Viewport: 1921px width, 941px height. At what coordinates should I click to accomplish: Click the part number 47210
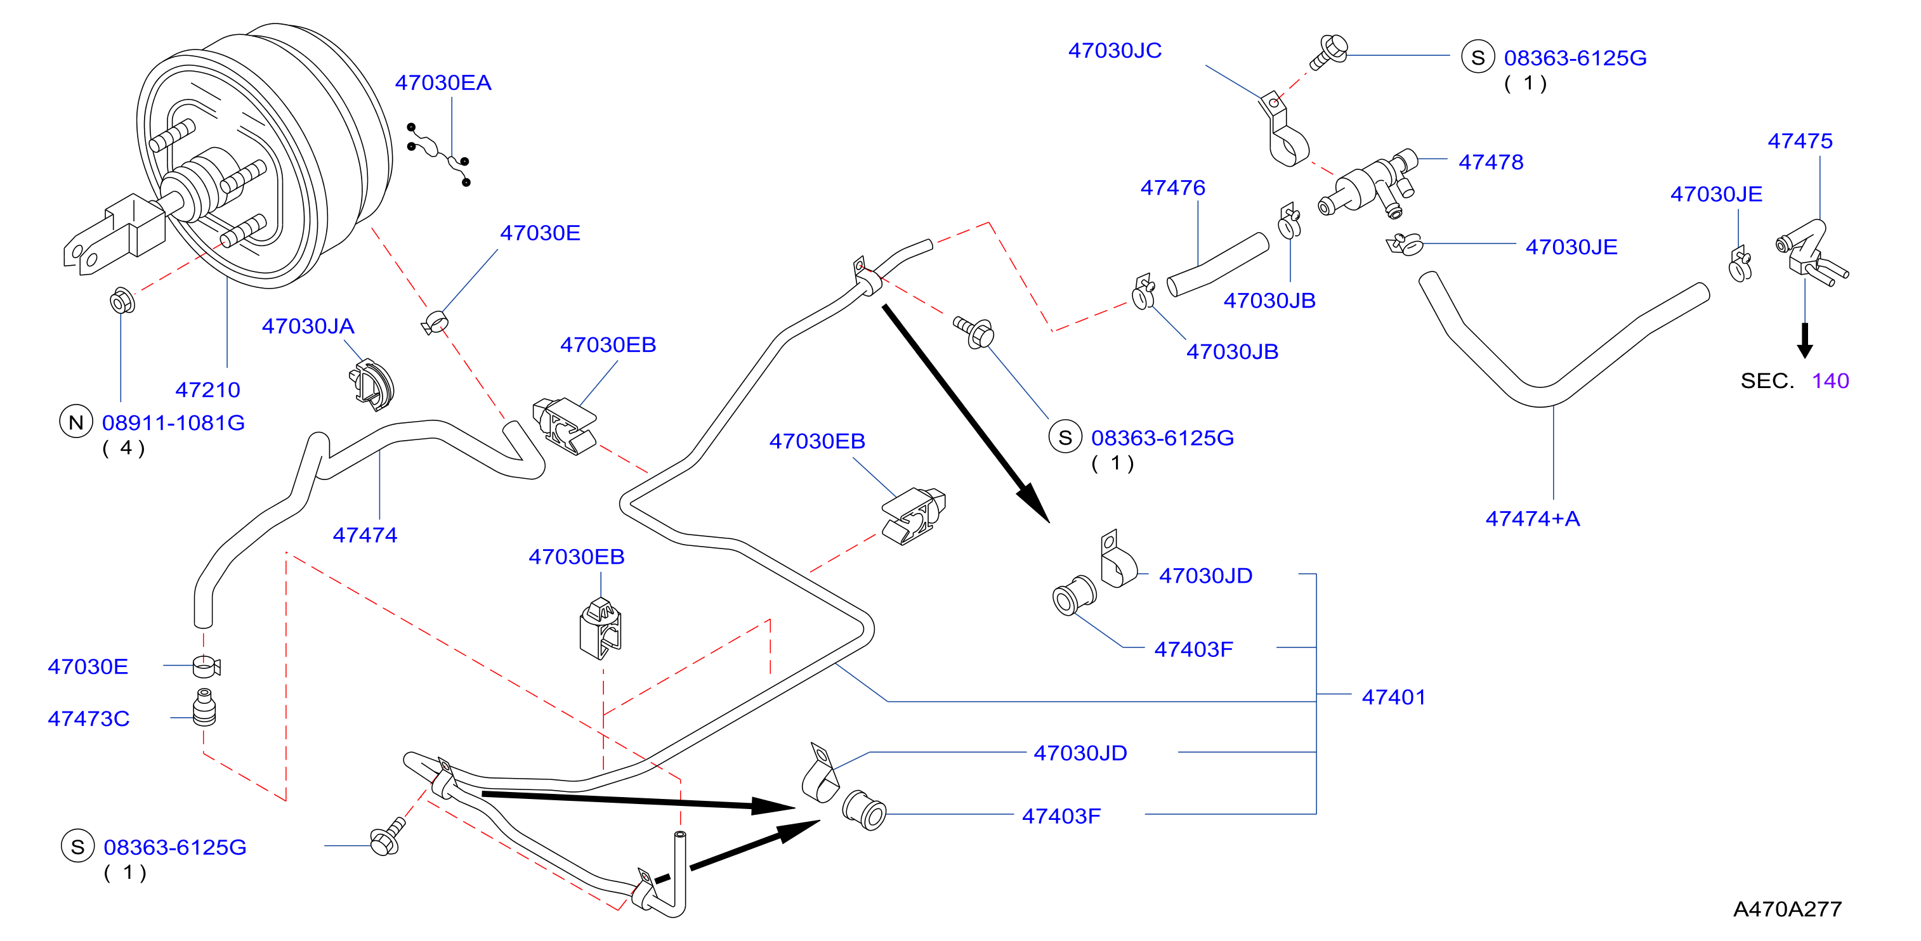click(x=207, y=390)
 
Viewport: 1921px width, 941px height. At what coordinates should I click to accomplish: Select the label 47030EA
click(x=443, y=83)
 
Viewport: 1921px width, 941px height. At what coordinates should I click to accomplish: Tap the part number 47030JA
click(x=308, y=326)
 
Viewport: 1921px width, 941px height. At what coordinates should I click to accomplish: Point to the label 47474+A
click(x=1533, y=519)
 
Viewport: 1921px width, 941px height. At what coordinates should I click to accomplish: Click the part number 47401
click(x=1394, y=697)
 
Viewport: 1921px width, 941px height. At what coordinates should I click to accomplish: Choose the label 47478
click(x=1491, y=162)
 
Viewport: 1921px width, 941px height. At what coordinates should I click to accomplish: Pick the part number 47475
click(x=1800, y=141)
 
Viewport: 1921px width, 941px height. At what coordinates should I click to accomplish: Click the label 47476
click(x=1173, y=188)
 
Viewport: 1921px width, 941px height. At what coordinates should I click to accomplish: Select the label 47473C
click(x=89, y=719)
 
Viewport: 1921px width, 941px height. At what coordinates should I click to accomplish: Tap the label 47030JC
click(x=1115, y=51)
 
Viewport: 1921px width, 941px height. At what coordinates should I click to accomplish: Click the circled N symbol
click(x=76, y=422)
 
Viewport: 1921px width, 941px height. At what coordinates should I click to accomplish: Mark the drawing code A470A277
click(x=1788, y=909)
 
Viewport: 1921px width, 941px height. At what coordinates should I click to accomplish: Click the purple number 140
click(x=1831, y=381)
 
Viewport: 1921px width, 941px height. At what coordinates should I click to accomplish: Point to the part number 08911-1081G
click(x=174, y=423)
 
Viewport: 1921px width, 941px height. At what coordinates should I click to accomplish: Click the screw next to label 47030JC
click(x=1329, y=51)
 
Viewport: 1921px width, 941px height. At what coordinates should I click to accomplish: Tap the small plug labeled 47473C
click(x=204, y=707)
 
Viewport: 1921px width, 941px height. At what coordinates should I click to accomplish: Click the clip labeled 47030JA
click(x=371, y=385)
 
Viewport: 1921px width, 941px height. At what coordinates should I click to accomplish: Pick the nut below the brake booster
click(x=122, y=301)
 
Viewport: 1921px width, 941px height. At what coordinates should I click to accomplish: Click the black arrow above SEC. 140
click(x=1805, y=341)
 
